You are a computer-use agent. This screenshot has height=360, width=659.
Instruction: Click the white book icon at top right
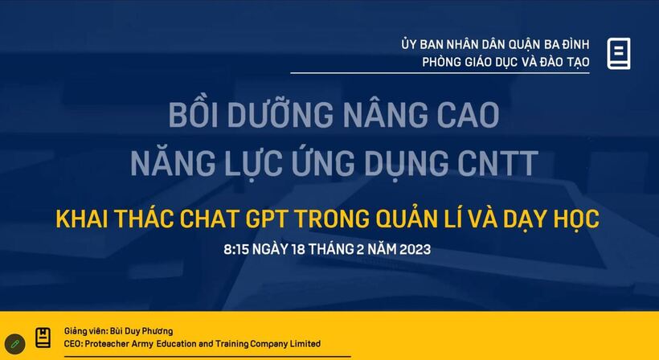tap(619, 53)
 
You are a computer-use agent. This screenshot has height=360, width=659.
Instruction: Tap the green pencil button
tap(15, 344)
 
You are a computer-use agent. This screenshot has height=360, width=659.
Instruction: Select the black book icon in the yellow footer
tap(43, 337)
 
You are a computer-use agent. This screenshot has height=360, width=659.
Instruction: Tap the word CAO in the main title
tap(468, 114)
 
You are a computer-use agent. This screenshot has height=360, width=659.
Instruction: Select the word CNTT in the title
tap(497, 162)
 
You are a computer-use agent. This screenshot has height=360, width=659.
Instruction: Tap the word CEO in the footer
tap(73, 344)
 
